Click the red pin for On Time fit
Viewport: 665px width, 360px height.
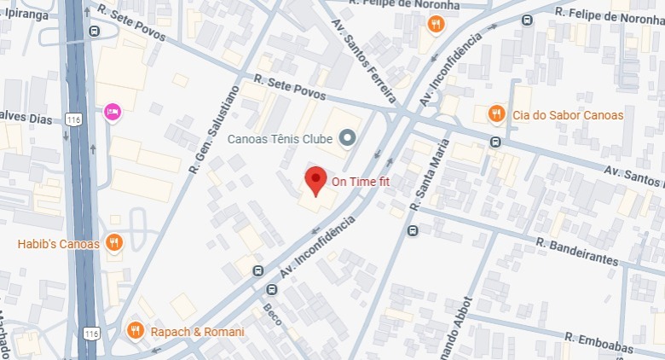316,180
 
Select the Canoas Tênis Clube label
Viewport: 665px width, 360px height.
280,138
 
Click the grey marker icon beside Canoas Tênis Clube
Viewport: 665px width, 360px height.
347,137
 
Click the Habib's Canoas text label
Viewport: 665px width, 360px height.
58,244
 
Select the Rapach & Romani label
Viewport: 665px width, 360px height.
197,332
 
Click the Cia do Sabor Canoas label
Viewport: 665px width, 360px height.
568,115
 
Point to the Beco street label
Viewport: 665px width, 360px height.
271,317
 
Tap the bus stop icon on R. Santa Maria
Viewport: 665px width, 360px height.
413,229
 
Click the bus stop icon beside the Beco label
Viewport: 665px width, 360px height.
258,271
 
